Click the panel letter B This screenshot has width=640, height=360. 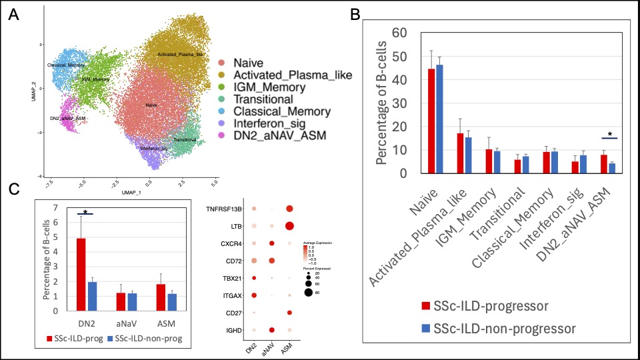[x=355, y=13]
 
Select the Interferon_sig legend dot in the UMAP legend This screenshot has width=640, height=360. [x=222, y=123]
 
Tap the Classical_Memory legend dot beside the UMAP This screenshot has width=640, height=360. [x=222, y=111]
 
